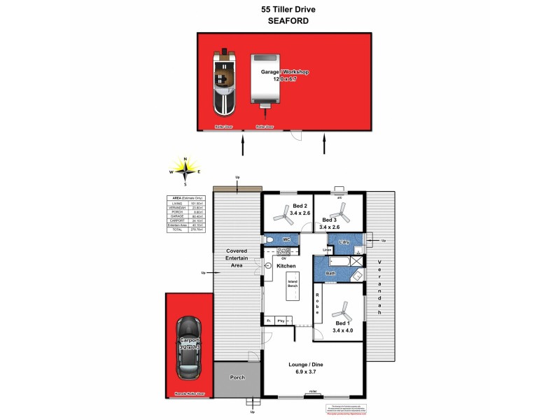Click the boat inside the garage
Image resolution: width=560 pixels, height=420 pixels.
click(225, 82)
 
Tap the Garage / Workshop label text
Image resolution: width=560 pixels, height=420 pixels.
click(284, 72)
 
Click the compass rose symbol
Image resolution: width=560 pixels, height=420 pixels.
click(185, 170)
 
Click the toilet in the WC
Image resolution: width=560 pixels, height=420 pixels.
click(269, 240)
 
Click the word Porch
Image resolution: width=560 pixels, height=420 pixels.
click(238, 377)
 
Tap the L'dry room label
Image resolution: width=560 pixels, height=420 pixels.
click(344, 242)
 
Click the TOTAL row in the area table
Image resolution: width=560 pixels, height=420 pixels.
click(188, 230)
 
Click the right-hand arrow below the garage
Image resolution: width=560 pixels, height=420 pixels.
click(325, 146)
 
